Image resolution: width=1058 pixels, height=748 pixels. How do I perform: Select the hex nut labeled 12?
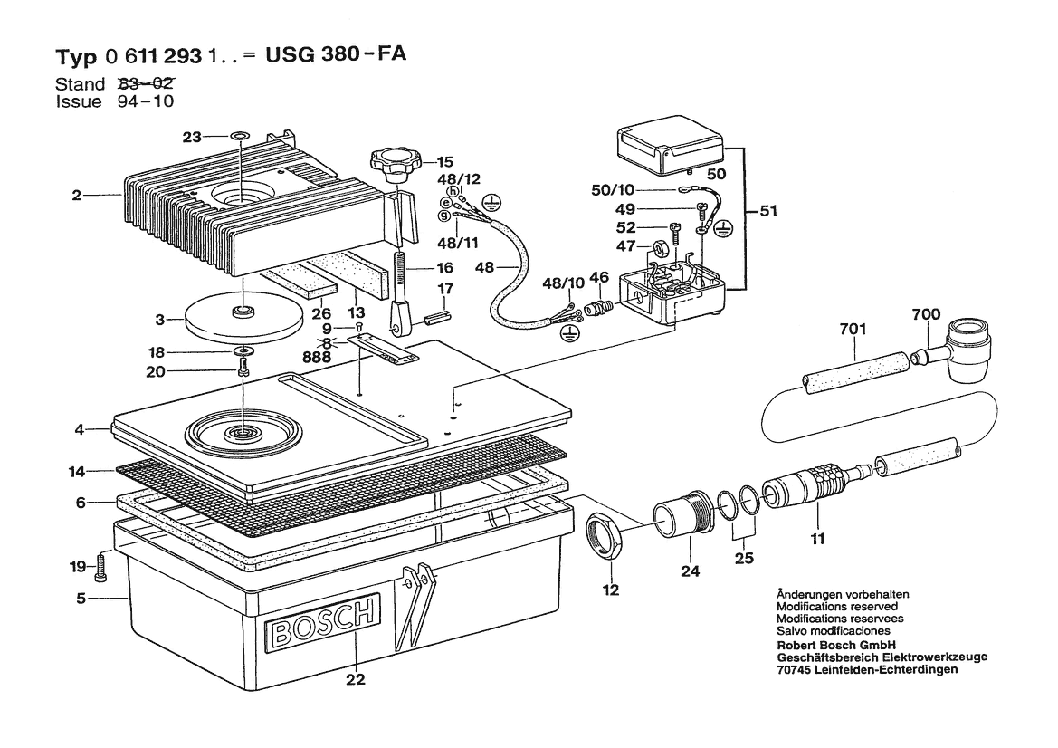coord(604,536)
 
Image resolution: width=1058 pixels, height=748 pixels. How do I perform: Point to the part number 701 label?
coord(853,329)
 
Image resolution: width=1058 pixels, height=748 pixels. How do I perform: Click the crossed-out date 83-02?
coord(146,83)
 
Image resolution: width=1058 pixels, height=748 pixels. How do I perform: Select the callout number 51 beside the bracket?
coord(768,211)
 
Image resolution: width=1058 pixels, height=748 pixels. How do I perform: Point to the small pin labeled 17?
coord(437,317)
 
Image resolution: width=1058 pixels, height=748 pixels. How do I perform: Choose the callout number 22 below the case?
coord(355,679)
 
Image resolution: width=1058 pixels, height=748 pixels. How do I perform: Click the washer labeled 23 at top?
coord(240,136)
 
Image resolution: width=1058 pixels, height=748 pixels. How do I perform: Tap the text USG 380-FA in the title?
coord(336,54)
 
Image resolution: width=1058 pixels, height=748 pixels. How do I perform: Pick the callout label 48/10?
coord(564,283)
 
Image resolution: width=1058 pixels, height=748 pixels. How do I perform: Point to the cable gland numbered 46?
coord(598,307)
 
